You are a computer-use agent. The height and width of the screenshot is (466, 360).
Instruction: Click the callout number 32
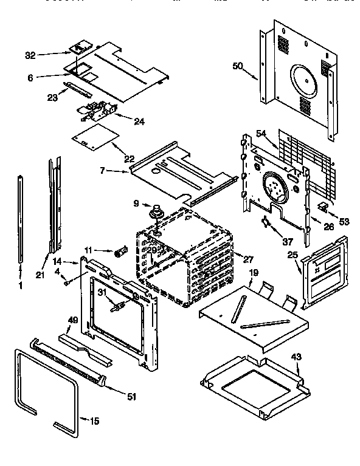click(30, 55)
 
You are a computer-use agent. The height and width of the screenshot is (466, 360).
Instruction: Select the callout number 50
click(237, 66)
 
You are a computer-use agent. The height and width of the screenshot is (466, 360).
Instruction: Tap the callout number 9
click(137, 204)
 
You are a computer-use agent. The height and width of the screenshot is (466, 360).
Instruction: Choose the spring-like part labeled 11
click(119, 251)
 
